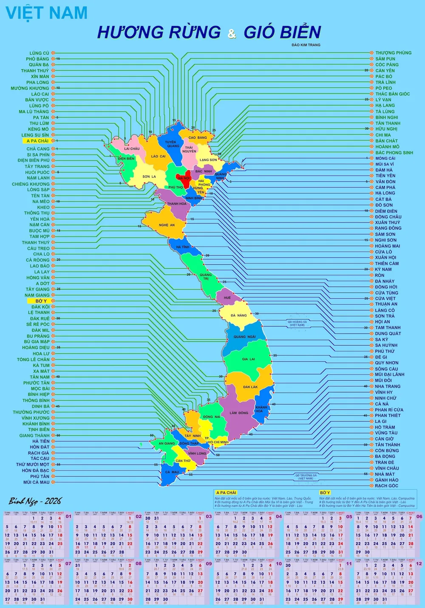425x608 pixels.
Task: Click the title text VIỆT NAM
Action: tap(47, 13)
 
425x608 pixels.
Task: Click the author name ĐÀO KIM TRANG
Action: tap(306, 45)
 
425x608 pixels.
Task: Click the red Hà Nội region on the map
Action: tap(184, 178)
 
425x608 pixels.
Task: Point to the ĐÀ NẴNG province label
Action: tap(239, 315)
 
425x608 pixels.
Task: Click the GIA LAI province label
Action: tap(249, 359)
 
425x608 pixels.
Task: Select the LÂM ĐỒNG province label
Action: tap(239, 413)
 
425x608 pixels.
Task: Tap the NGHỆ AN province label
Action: tap(167, 225)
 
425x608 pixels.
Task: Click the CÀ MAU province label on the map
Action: tap(172, 472)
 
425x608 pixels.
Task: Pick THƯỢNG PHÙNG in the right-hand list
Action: tap(393, 53)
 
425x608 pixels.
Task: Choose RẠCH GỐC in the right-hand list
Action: tap(386, 485)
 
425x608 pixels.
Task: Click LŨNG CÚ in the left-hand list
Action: tap(39, 53)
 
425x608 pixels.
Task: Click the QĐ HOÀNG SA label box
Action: tap(297, 323)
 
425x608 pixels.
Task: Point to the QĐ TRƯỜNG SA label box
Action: tap(306, 477)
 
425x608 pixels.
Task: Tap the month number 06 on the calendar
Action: tap(419, 516)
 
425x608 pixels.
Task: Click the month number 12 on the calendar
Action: tap(419, 563)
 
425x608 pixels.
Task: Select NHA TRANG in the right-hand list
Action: tap(387, 386)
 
